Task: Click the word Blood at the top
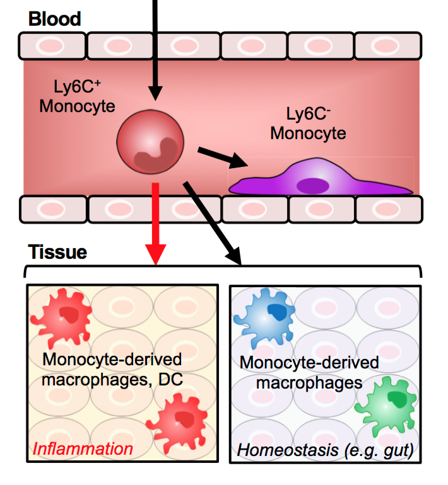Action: tap(54, 18)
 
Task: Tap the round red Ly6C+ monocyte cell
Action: tap(151, 142)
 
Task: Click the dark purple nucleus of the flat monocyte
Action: tap(313, 185)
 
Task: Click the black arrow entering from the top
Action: tap(153, 50)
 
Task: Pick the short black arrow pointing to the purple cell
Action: tap(221, 157)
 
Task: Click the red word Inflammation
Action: tap(83, 448)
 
